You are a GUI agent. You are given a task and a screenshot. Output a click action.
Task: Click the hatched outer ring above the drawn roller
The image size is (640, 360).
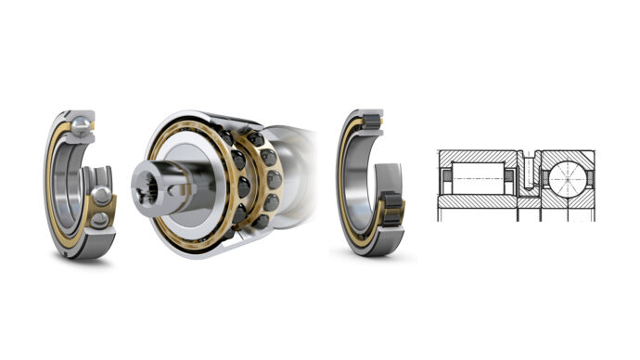(477, 156)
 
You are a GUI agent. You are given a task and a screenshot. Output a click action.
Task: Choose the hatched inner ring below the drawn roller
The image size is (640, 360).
(477, 198)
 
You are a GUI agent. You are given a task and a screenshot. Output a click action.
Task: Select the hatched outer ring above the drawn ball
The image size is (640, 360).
(569, 155)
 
